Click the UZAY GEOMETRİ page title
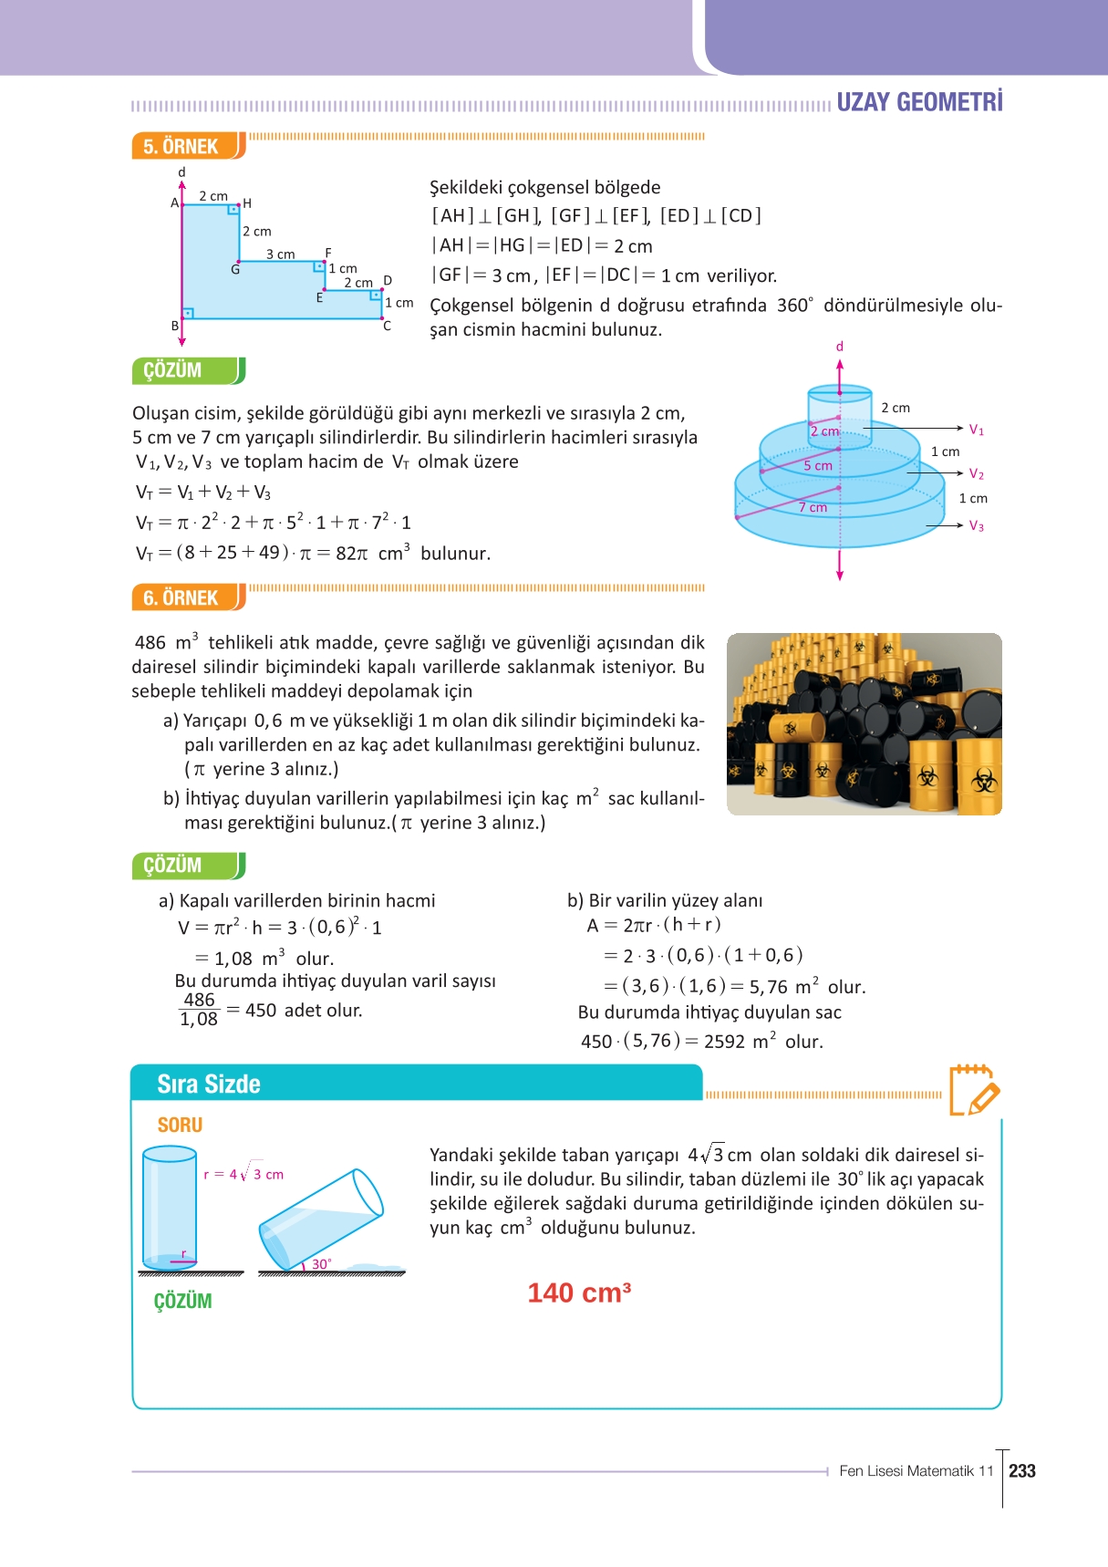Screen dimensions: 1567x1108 (919, 102)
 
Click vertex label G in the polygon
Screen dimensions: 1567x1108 (235, 270)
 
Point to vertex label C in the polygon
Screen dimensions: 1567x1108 (387, 326)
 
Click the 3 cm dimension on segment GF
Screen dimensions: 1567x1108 (280, 254)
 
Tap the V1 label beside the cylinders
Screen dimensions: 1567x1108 (976, 430)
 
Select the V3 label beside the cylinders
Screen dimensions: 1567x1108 (976, 526)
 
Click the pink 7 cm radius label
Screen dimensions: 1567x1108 (813, 507)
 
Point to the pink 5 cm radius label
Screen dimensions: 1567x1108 (818, 465)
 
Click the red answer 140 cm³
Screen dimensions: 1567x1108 (579, 1292)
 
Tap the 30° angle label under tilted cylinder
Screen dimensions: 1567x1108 (321, 1264)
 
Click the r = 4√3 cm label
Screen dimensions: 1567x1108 (243, 1174)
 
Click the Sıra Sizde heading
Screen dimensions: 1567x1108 (209, 1084)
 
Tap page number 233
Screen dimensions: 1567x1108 (1022, 1470)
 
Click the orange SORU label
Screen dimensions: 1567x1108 (180, 1125)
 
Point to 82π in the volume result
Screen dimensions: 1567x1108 (352, 553)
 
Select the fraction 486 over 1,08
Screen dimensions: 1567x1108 (199, 1010)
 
